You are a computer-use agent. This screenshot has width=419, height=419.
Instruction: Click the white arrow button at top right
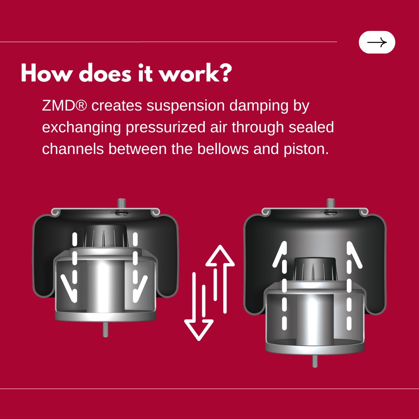377,42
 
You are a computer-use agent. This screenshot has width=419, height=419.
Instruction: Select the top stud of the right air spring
331,204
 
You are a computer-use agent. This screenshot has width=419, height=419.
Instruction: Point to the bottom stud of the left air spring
105,330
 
